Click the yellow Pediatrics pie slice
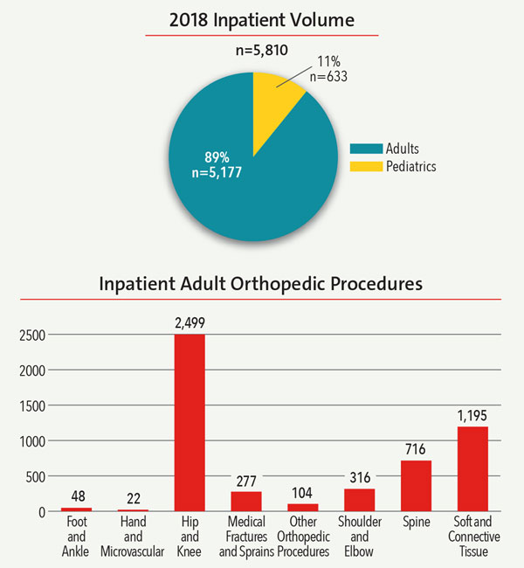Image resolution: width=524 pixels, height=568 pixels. (x=275, y=91)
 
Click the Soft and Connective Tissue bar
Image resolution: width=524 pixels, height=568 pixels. (x=473, y=468)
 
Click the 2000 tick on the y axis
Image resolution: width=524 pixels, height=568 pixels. (x=32, y=370)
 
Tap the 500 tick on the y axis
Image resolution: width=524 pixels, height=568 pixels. (x=36, y=476)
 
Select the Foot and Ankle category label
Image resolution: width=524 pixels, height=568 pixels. (x=76, y=532)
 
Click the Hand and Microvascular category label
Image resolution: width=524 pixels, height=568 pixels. (x=133, y=532)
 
